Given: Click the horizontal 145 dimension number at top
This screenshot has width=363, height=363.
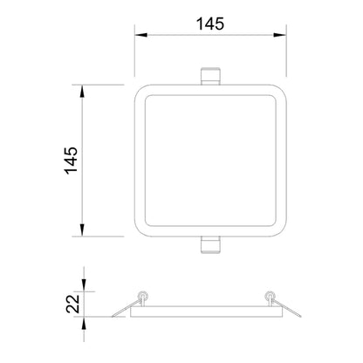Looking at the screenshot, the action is coord(210,24).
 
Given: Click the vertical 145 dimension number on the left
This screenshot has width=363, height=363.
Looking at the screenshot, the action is coord(72,161).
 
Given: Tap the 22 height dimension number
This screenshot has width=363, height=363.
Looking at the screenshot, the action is coord(72,304).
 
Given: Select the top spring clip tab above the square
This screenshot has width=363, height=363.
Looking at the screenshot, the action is coord(210,76).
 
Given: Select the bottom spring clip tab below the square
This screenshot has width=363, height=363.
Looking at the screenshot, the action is coord(210,245).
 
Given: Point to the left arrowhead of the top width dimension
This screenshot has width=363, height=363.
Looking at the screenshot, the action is coord(141,35).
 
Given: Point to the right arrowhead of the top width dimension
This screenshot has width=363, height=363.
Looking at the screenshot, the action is coord(280,35).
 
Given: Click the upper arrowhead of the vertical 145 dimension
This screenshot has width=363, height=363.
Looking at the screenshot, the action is coord(82,91).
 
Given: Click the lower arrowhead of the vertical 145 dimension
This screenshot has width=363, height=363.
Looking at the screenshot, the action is coord(82,230).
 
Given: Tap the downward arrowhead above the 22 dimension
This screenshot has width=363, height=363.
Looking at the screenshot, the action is coord(84,285).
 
